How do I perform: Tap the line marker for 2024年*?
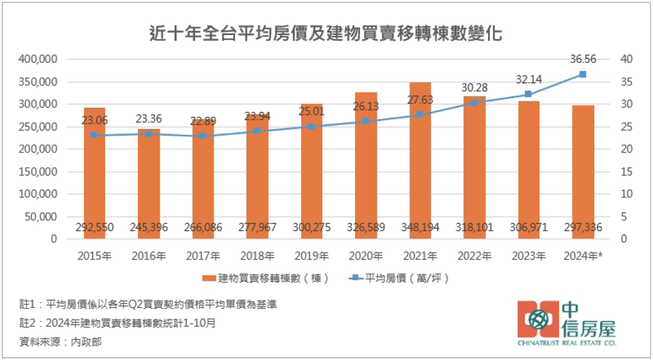coord(583,74)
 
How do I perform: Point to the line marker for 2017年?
coord(203,136)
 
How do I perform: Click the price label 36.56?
coord(583,59)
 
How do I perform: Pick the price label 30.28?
coord(474,88)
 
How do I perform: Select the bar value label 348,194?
coord(420,227)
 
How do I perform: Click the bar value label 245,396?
coord(149,227)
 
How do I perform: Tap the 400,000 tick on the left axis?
coord(38,59)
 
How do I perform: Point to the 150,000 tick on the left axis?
coord(38,172)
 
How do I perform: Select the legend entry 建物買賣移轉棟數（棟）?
coord(266,278)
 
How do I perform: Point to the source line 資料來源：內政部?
coord(61,342)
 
